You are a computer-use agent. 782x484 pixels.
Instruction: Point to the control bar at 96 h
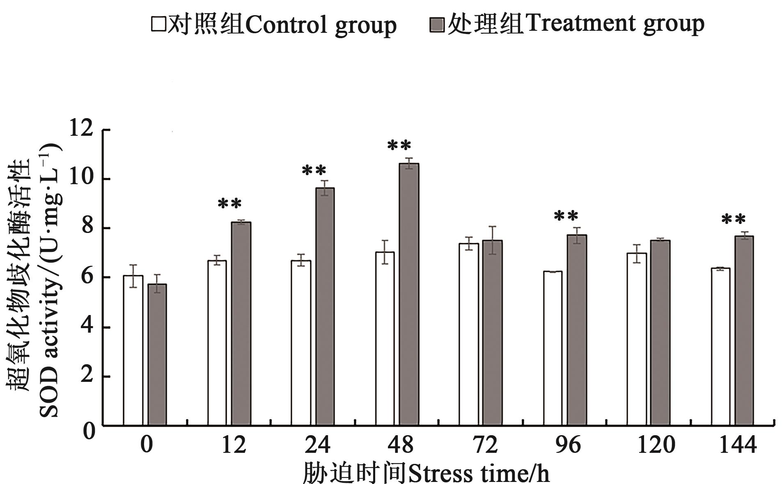pos(553,348)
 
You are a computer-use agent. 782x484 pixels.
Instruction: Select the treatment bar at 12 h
pos(241,324)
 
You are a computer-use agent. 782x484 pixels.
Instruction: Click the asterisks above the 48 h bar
pos(399,146)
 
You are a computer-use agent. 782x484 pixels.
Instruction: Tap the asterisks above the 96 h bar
pos(566,216)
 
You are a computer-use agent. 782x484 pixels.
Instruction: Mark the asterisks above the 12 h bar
pos(229,204)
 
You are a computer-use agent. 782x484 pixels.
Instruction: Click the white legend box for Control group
pos(158,25)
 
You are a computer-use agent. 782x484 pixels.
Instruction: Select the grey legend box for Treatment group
pos(437,25)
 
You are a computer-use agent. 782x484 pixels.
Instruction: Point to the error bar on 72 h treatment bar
pos(492,240)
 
